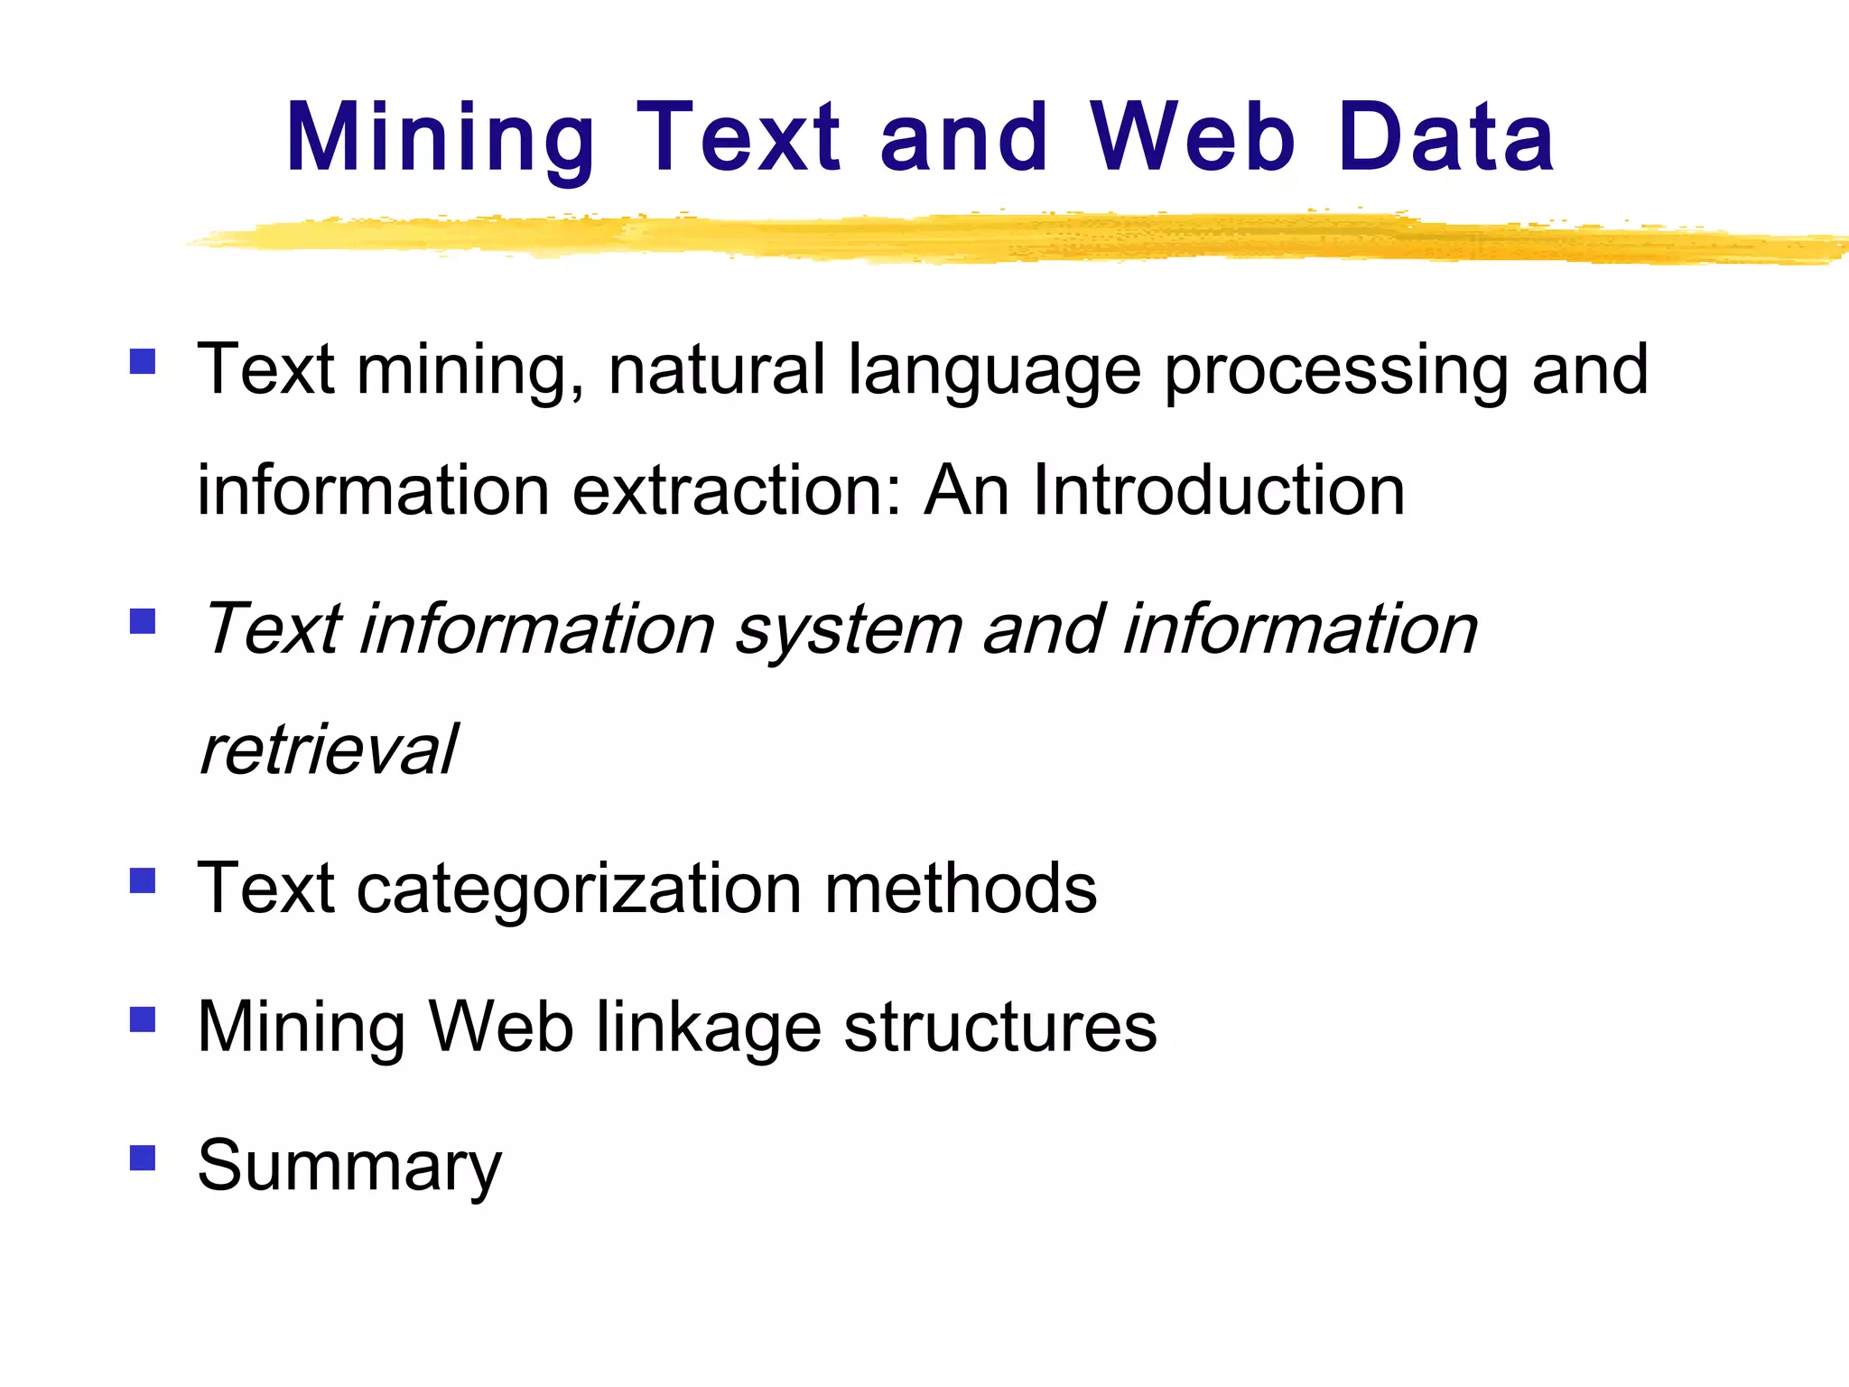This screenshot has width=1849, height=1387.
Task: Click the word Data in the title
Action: tap(1445, 137)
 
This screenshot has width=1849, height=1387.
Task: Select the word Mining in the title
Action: tap(441, 137)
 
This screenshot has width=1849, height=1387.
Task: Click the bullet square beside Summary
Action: tap(143, 1158)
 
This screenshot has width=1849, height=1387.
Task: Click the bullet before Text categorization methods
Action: tap(143, 880)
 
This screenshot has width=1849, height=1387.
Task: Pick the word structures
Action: tap(999, 1028)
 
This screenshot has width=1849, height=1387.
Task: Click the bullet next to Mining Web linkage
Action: tap(143, 1019)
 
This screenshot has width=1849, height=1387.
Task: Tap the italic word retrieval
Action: tap(329, 749)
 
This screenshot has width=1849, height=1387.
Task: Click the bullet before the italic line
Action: tap(143, 621)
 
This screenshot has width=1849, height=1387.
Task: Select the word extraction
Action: tap(736, 490)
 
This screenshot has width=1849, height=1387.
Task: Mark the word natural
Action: tap(717, 370)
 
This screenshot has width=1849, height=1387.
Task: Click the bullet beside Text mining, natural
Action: tap(143, 362)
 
